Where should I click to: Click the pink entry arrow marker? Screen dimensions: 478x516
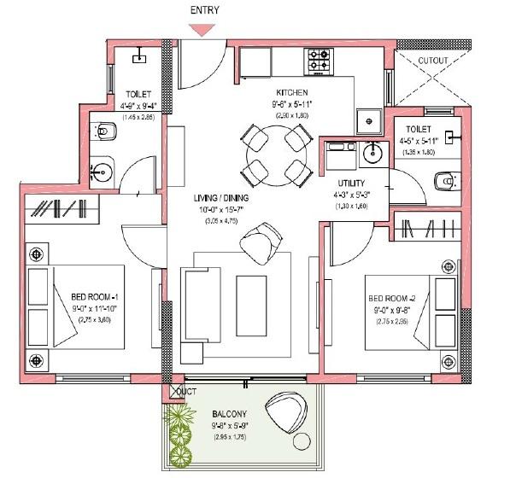pos(202,29)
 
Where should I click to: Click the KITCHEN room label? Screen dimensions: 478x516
pos(291,91)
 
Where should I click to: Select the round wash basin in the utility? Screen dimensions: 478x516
pos(372,154)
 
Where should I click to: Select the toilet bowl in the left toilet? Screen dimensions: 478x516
pos(105,131)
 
